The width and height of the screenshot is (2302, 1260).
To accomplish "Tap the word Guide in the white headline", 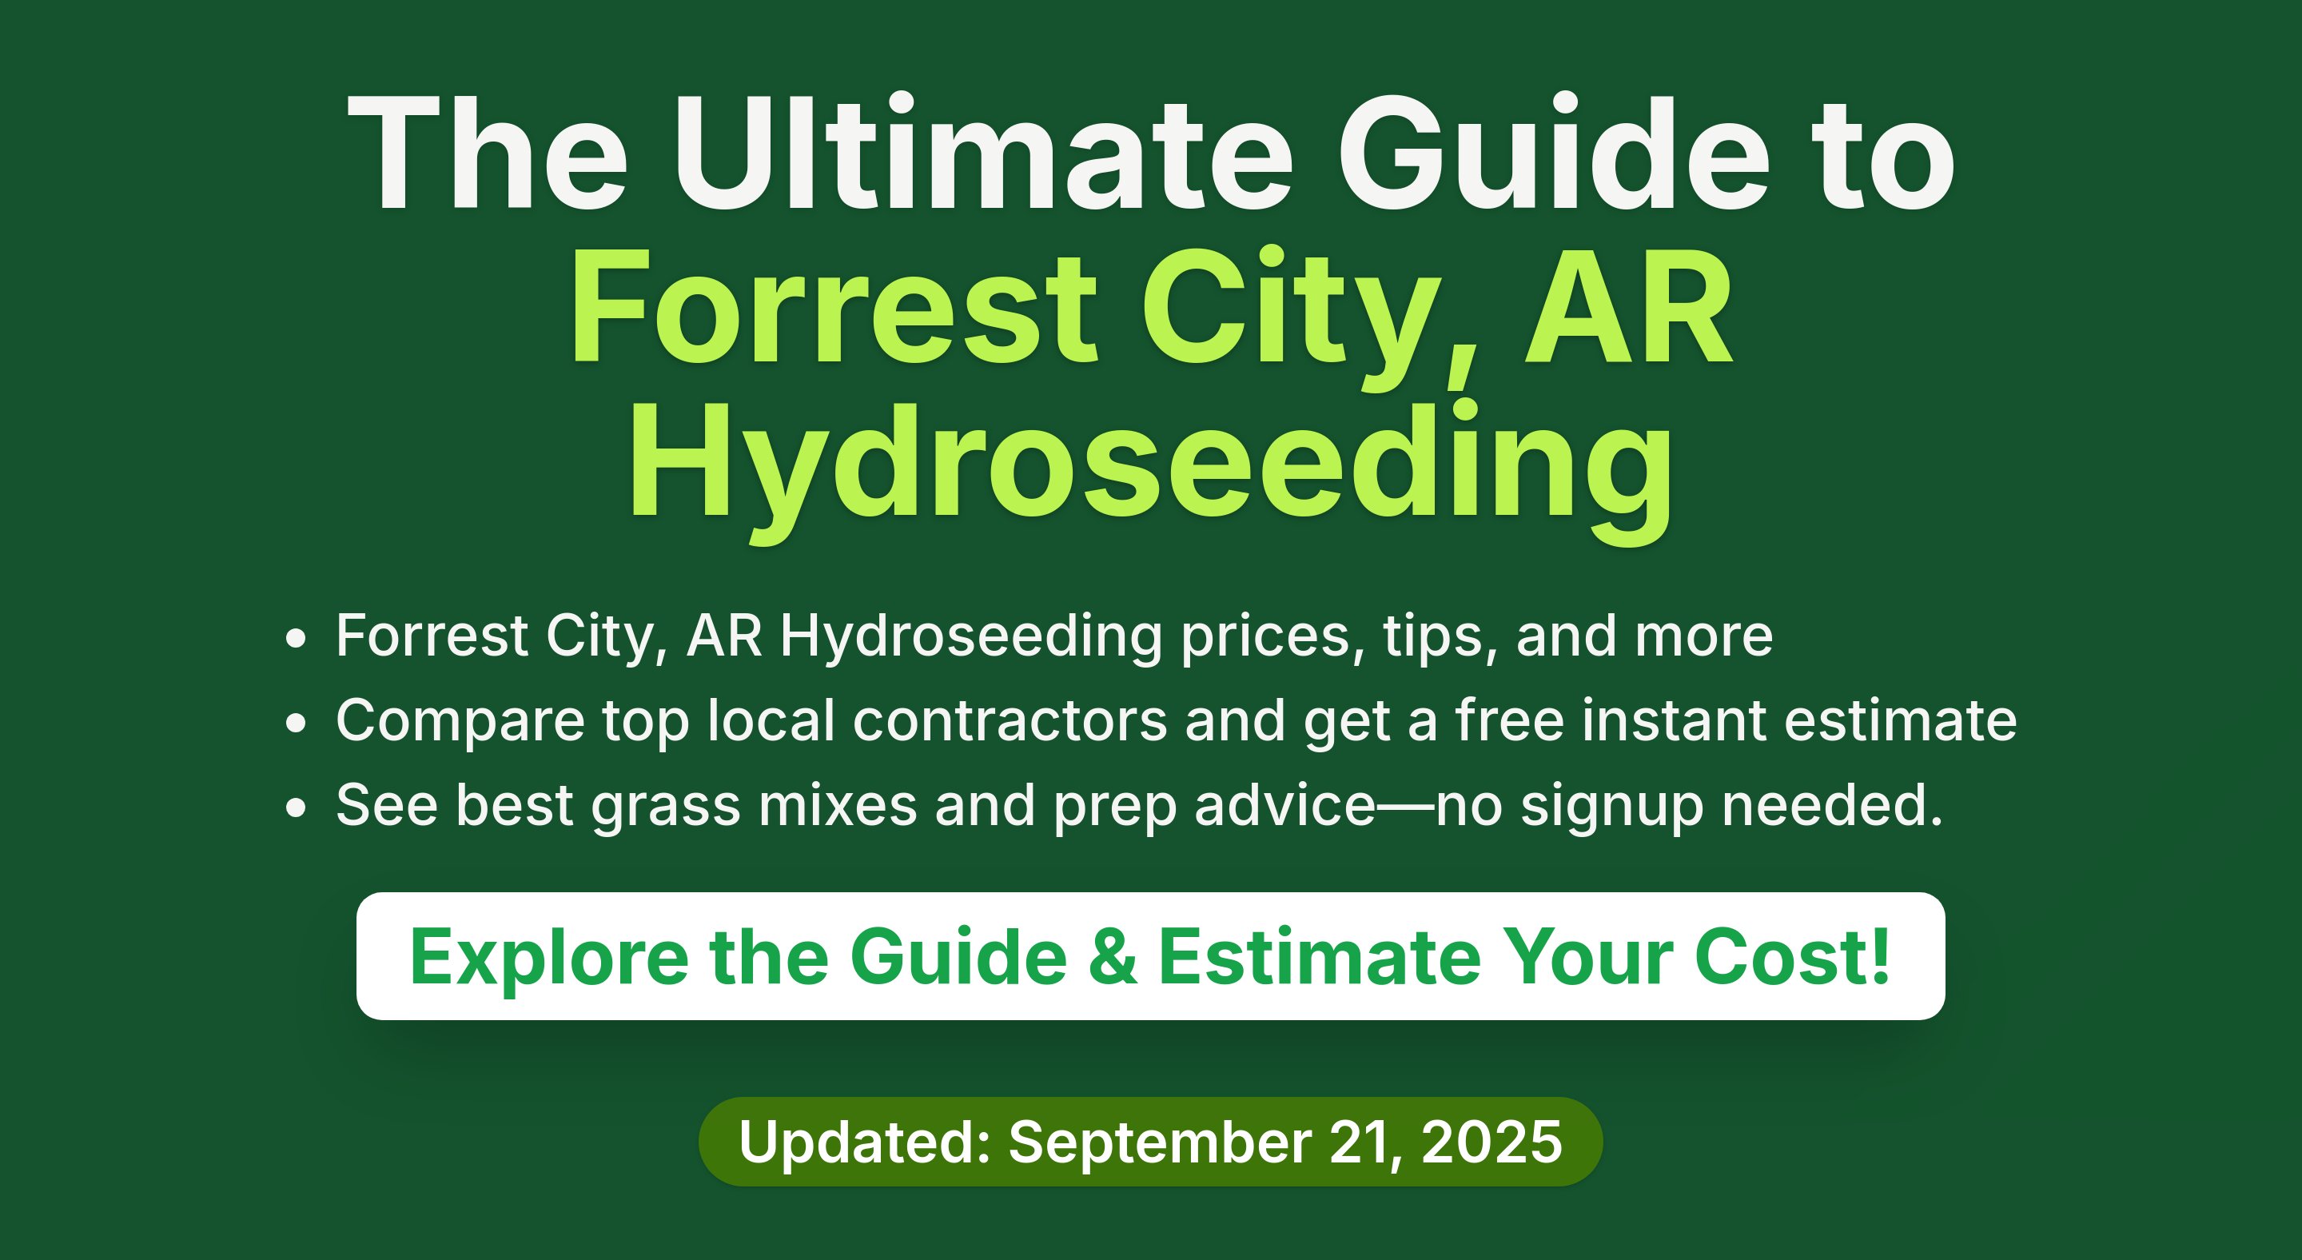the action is coord(1553,152).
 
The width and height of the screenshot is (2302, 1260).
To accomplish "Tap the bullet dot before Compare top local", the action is coord(296,723).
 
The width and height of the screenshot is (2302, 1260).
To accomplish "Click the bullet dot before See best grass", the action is coord(296,807).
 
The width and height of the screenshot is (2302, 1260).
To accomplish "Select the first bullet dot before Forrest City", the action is coord(296,639).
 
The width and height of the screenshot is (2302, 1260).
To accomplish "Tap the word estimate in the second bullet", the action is coord(1901,720).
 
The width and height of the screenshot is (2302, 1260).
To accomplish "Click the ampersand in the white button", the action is coord(1113,957).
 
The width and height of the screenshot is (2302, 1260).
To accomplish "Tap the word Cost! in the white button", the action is coord(1792,957).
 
